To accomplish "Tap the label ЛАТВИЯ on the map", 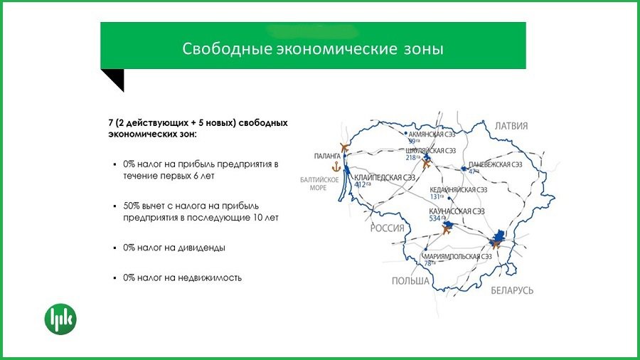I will click(511, 126).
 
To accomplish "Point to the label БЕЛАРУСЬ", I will click(511, 290).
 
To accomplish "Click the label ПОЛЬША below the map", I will click(410, 281).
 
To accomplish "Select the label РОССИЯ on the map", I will click(387, 228).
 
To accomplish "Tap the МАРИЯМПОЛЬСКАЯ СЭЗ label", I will click(457, 256).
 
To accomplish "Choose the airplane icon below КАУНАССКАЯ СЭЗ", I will click(447, 230).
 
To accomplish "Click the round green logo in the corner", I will click(60, 319).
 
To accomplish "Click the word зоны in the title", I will click(420, 49).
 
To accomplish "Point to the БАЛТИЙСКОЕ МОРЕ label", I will click(313, 184).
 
